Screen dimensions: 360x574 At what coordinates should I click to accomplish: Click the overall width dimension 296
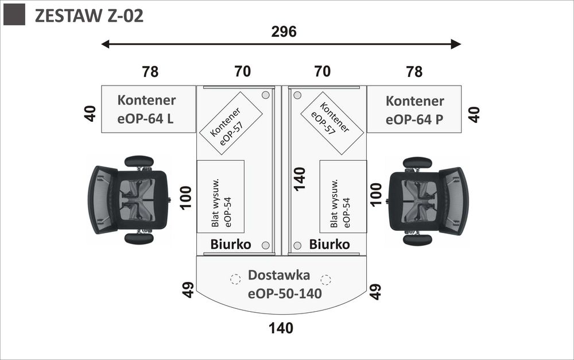284,32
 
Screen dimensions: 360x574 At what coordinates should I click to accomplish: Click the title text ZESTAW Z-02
89,16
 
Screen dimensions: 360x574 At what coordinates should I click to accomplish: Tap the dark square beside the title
14,15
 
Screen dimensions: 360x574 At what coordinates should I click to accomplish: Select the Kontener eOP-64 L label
147,109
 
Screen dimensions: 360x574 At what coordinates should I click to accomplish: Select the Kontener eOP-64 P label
414,110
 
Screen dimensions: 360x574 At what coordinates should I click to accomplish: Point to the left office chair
130,199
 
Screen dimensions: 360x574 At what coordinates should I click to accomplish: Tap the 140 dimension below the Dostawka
281,328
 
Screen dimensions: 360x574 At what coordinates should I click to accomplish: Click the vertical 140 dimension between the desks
299,179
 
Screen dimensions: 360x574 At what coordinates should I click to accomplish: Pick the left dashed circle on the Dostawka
235,280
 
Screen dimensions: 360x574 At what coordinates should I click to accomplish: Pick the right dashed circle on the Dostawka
326,280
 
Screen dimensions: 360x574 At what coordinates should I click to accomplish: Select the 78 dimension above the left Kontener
150,72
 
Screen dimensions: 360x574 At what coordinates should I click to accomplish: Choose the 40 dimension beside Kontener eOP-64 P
475,114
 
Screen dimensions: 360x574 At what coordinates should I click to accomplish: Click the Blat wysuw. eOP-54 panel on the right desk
343,196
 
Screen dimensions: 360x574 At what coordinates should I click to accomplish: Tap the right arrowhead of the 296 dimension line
456,44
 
